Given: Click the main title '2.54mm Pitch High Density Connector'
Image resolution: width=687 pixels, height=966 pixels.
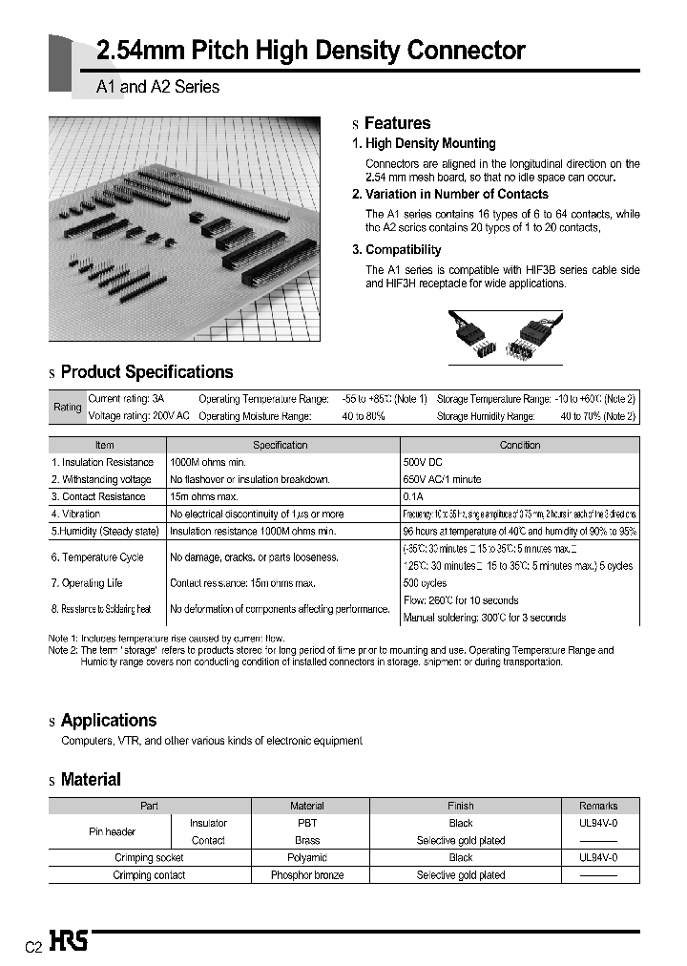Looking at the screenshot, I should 311,51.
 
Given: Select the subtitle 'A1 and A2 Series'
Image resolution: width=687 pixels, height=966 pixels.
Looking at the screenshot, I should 157,87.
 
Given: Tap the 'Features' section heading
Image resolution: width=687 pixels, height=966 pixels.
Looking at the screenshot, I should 397,123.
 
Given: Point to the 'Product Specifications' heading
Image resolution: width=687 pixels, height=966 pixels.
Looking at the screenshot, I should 146,372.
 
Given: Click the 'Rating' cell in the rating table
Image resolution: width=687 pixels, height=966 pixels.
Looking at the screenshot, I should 67,408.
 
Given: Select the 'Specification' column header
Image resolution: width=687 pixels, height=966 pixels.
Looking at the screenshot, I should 281,445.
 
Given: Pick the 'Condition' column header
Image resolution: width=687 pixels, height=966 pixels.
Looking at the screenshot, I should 520,445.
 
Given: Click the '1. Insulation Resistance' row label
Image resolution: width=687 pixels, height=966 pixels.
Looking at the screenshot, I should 102,462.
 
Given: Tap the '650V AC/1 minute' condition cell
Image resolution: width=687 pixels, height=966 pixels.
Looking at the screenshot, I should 443,479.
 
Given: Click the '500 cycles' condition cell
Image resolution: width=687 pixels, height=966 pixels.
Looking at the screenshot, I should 426,583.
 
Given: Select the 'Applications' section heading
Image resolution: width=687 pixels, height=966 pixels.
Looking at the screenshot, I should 108,721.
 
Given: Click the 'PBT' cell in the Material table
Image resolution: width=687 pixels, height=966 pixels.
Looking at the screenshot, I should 307,823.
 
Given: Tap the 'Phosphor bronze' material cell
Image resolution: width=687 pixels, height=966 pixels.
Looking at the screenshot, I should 307,875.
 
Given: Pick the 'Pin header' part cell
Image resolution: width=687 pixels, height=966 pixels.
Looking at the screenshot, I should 113,831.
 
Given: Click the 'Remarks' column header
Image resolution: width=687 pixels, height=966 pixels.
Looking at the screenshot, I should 598,806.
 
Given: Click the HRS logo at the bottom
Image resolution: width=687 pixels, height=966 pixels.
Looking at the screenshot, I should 69,942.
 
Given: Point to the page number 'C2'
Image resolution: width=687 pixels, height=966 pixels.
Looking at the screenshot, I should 32,947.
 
